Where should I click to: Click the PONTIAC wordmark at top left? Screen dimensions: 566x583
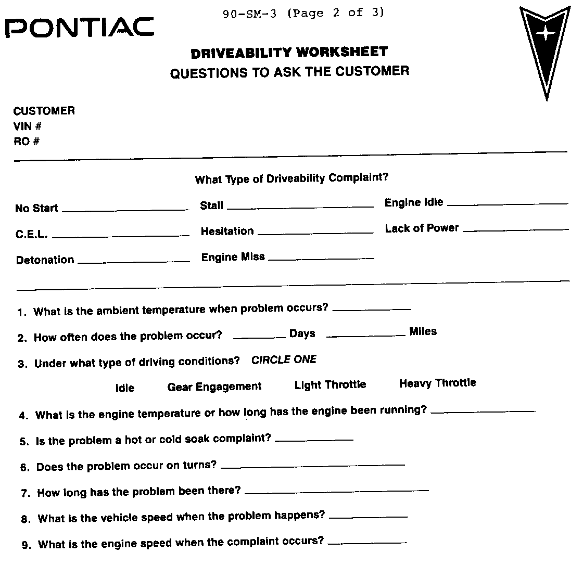(x=80, y=28)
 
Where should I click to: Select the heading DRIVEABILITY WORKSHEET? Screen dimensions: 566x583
(x=289, y=53)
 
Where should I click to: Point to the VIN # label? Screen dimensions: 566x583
(x=28, y=126)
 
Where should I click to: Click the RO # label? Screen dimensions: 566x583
(x=27, y=141)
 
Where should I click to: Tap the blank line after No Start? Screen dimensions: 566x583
(x=125, y=210)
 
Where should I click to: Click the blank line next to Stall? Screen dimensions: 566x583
(x=300, y=207)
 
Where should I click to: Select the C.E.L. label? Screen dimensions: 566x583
(x=32, y=235)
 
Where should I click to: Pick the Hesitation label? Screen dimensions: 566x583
(x=227, y=231)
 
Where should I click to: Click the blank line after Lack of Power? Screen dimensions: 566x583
(x=516, y=229)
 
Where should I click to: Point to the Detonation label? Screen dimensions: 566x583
(x=45, y=260)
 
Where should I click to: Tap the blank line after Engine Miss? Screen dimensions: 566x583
(x=321, y=259)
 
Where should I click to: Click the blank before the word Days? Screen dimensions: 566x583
(x=259, y=338)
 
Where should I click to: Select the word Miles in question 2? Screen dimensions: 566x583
(x=423, y=331)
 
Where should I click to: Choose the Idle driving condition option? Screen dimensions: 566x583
(x=125, y=388)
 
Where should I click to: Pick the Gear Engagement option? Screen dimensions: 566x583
(x=214, y=387)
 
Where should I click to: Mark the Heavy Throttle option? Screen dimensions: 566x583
(x=437, y=383)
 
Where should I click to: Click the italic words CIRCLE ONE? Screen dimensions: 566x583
(x=284, y=360)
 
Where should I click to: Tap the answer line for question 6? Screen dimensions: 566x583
(x=312, y=465)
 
